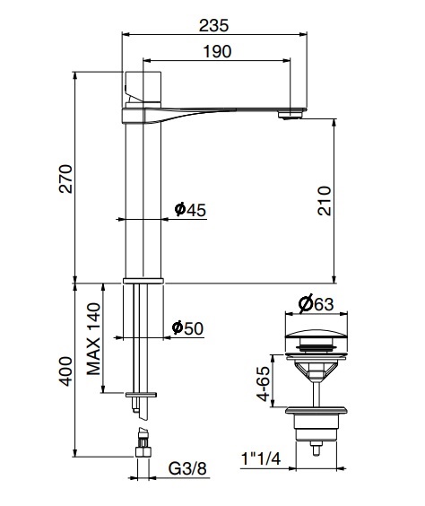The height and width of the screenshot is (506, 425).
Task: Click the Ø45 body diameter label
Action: point(190,209)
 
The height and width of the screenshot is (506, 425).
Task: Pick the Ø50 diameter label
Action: point(188,328)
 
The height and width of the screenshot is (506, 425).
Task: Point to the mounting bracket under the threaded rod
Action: point(142,394)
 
